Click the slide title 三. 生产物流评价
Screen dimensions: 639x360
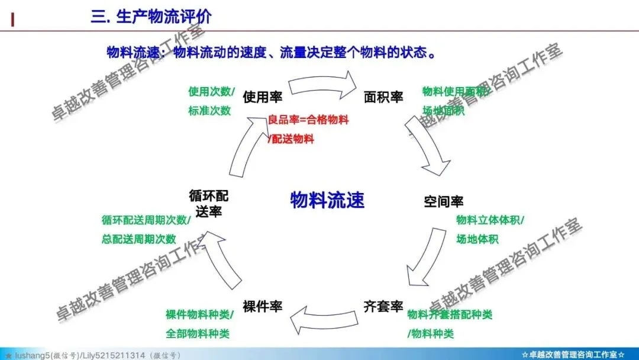click(151, 16)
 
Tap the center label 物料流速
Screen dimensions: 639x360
click(327, 200)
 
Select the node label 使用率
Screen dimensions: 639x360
click(262, 97)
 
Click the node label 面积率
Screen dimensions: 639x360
click(383, 97)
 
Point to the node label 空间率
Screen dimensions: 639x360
click(444, 201)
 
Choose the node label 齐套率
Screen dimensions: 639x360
click(383, 307)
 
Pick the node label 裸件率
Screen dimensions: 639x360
click(262, 307)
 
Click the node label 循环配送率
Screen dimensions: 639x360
click(208, 202)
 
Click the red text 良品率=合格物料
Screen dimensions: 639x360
click(308, 120)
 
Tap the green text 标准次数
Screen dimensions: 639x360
click(209, 110)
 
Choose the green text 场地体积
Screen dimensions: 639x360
click(477, 239)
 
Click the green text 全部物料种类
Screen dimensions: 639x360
click(197, 333)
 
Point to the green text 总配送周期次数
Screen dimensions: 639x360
click(138, 239)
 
